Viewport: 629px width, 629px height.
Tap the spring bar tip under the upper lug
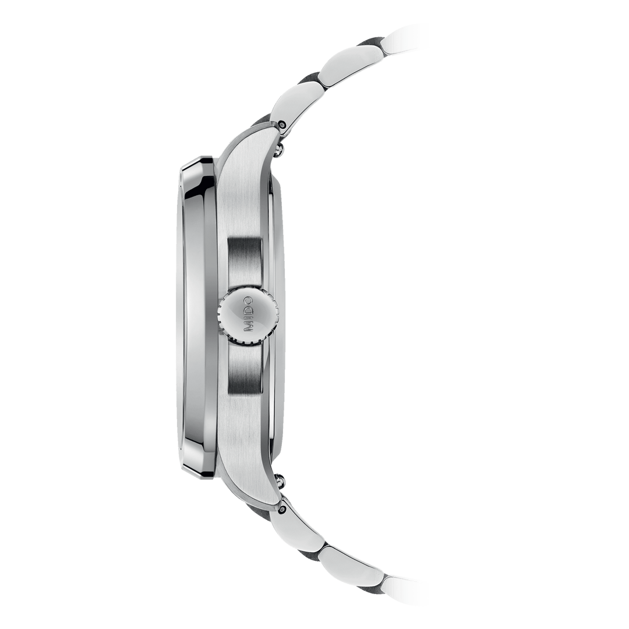click(284, 152)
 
